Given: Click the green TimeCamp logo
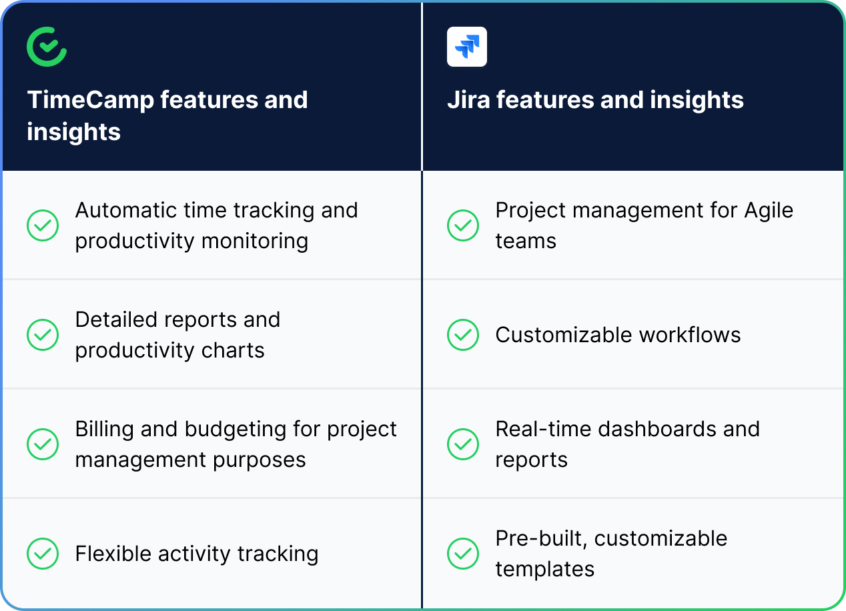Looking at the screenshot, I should coord(47,47).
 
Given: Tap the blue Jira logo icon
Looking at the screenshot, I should coord(467,47).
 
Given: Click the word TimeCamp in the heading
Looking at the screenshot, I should coord(90,100).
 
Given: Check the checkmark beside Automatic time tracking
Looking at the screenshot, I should coord(43,225).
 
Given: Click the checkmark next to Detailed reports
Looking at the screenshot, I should coord(43,335).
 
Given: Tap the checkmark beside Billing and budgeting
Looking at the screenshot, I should coord(43,444).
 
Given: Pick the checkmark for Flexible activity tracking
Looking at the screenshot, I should coord(43,554).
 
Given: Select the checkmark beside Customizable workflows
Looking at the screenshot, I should coord(463,335).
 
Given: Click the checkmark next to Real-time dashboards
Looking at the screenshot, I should coord(463,444).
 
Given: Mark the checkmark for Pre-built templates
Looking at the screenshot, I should coord(463,554).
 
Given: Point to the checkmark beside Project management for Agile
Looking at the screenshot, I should coord(463,225).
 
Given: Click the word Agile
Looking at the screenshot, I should coord(768,211).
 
